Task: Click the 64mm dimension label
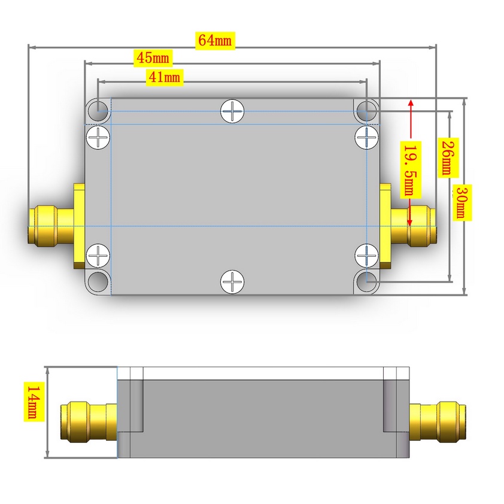(x=215, y=41)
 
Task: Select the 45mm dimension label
(x=153, y=58)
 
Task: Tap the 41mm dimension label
(x=164, y=77)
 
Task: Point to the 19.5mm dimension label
(x=411, y=170)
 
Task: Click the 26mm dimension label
(x=448, y=157)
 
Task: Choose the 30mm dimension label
(x=462, y=202)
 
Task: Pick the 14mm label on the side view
(x=34, y=402)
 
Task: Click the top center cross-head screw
(x=232, y=111)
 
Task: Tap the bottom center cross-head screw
(x=232, y=281)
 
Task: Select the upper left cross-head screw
(x=98, y=137)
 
